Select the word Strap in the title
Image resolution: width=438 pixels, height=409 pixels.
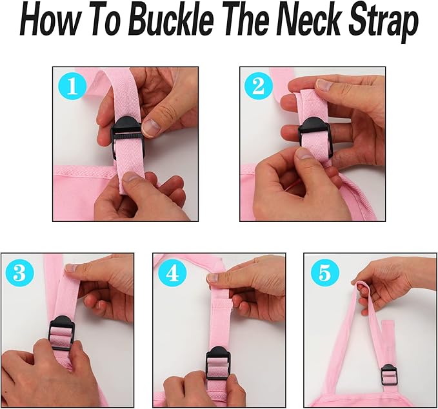click(x=384, y=25)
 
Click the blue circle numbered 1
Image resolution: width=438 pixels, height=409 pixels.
click(x=72, y=86)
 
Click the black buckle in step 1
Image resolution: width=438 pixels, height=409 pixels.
click(x=128, y=137)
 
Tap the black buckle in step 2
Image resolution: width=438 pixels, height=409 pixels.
click(x=315, y=138)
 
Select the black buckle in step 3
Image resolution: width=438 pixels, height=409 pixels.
click(x=62, y=333)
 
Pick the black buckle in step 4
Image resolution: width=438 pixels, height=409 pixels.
click(x=218, y=363)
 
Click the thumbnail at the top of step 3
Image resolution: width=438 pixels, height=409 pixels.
click(x=71, y=268)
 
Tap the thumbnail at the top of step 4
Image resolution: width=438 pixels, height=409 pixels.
click(x=213, y=277)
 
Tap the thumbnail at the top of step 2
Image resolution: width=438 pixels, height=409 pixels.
click(x=324, y=85)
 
